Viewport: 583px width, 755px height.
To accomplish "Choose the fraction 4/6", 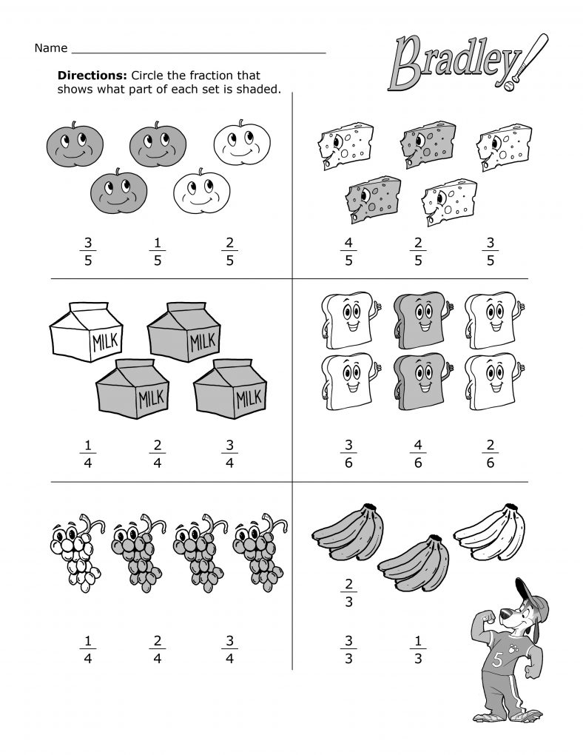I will pos(418,454).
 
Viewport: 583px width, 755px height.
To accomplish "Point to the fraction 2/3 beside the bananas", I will pos(349,592).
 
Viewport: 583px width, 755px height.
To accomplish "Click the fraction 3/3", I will pos(348,648).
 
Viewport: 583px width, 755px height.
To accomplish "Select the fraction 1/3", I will pos(418,648).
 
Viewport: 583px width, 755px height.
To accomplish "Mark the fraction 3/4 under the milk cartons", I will pos(229,454).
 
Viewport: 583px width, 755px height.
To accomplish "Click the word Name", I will pos(50,49).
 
